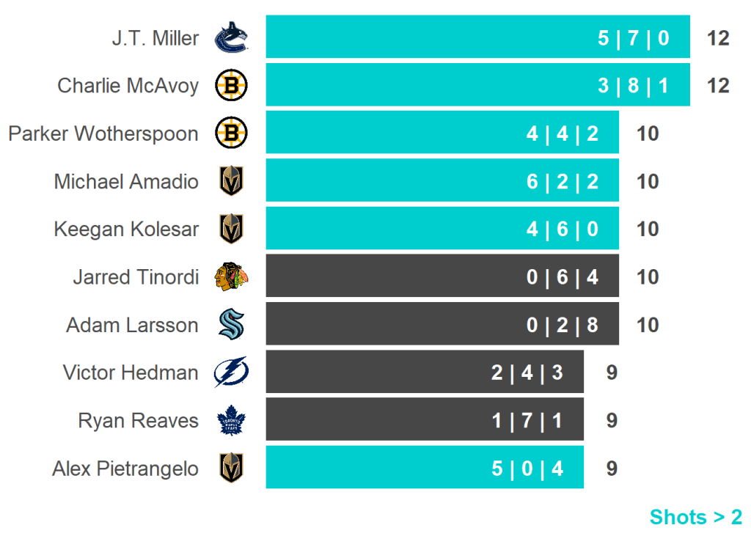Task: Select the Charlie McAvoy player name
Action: (x=128, y=86)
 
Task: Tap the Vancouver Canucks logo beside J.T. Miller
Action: (x=231, y=38)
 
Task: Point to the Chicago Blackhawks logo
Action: (x=231, y=277)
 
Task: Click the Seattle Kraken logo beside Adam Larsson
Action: (x=231, y=325)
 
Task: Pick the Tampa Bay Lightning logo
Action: (x=231, y=372)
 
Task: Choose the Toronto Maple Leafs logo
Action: (x=231, y=421)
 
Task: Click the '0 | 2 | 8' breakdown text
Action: (x=562, y=325)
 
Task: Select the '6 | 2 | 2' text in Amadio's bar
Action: (x=562, y=181)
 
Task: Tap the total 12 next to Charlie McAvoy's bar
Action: (x=718, y=86)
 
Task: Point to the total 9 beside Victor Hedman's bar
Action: (x=612, y=372)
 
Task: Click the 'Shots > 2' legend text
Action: (x=695, y=517)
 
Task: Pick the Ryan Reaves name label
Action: (x=139, y=421)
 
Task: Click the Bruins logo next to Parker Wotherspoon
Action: (x=231, y=133)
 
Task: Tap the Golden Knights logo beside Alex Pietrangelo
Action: (x=231, y=468)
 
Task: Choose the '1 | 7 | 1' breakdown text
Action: (x=527, y=421)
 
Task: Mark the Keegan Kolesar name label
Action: (x=126, y=230)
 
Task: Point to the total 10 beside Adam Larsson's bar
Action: (x=648, y=325)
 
